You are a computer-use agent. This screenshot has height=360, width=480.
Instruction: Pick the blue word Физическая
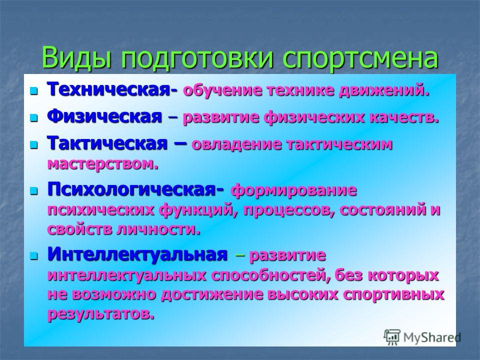tap(104, 116)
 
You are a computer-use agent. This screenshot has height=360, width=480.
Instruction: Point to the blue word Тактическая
tap(107, 143)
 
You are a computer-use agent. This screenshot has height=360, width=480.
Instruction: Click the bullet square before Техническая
tap(33, 90)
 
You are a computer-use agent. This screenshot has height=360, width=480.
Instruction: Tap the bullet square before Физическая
tap(33, 117)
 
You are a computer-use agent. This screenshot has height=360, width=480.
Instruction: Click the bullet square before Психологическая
tap(33, 191)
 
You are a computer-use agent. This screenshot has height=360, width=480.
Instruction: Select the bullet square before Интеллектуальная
tap(33, 255)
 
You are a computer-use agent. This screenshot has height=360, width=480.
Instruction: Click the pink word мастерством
tap(103, 164)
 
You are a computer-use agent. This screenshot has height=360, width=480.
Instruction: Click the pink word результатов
tap(101, 314)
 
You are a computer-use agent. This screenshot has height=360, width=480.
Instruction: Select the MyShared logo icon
tap(392, 337)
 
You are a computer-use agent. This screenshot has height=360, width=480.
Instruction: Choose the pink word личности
tap(158, 229)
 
